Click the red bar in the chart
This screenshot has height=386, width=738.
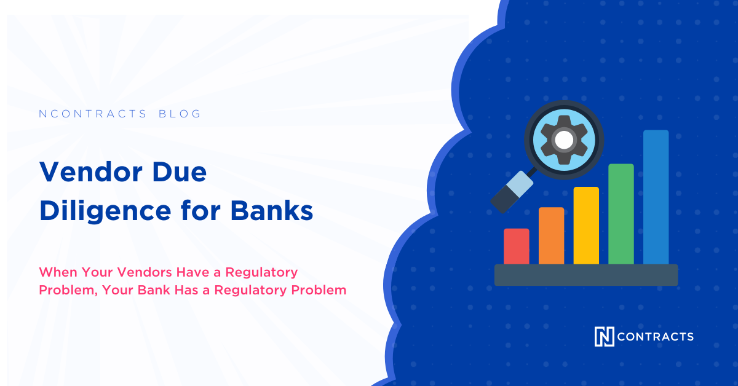click(x=517, y=246)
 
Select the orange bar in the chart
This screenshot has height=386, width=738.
click(x=551, y=236)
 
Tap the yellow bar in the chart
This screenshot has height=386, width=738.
click(x=586, y=226)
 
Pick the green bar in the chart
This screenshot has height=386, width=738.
click(x=621, y=214)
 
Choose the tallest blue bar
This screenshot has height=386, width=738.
click(x=656, y=197)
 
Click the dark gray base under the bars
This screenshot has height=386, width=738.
click(x=586, y=275)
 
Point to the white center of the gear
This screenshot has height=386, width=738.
click(x=563, y=140)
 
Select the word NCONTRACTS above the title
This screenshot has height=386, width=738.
click(x=93, y=114)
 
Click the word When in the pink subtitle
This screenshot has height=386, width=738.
click(x=58, y=272)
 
